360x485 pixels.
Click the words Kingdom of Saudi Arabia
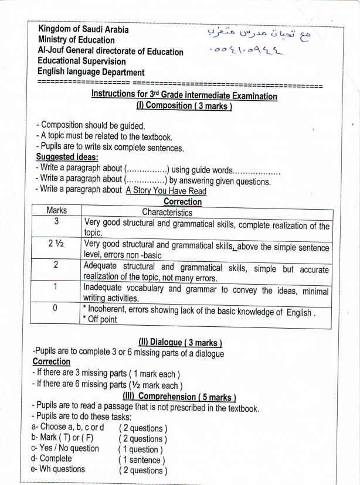(x=83, y=29)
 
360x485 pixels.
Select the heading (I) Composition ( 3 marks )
(x=184, y=106)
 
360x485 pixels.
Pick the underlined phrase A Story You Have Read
(x=166, y=190)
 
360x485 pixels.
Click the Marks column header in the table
(x=57, y=211)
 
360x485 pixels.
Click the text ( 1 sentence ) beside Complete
(x=141, y=460)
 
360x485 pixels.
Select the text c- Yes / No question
(x=65, y=449)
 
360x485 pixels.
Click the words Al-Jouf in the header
(x=52, y=51)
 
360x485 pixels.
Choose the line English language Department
(x=91, y=73)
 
